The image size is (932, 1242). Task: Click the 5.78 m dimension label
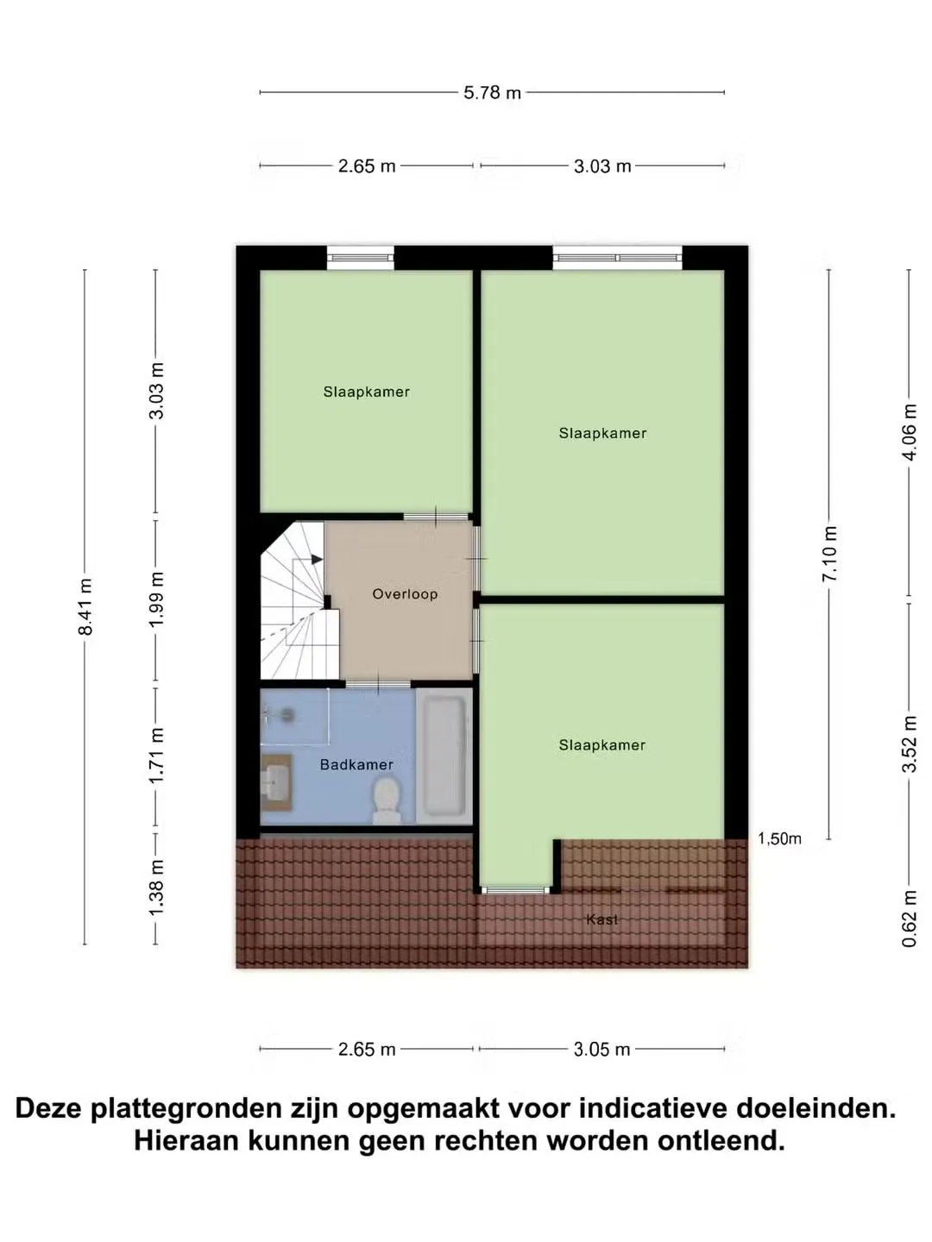pyautogui.click(x=492, y=92)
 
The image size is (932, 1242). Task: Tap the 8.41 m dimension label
pyautogui.click(x=85, y=606)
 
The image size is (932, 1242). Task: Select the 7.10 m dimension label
pyautogui.click(x=829, y=554)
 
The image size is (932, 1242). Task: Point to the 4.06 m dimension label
pyautogui.click(x=909, y=432)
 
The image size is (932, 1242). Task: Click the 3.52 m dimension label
pyautogui.click(x=909, y=744)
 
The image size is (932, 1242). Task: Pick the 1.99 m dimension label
pyautogui.click(x=156, y=599)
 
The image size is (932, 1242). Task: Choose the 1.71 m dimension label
pyautogui.click(x=156, y=756)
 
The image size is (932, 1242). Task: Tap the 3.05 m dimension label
pyautogui.click(x=601, y=1050)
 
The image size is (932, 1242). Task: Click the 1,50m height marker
pyautogui.click(x=779, y=838)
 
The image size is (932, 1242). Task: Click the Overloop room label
pyautogui.click(x=405, y=594)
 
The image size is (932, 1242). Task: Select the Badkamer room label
pyautogui.click(x=356, y=764)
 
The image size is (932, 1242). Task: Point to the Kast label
pyautogui.click(x=601, y=919)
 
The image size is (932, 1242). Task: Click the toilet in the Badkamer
pyautogui.click(x=387, y=800)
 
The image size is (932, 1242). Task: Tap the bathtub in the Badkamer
pyautogui.click(x=444, y=756)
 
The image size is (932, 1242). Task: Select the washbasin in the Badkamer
pyautogui.click(x=275, y=782)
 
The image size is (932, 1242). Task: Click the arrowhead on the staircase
pyautogui.click(x=317, y=560)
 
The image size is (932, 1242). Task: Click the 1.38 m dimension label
pyautogui.click(x=156, y=887)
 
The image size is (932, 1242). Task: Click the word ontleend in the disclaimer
pyautogui.click(x=721, y=1141)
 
